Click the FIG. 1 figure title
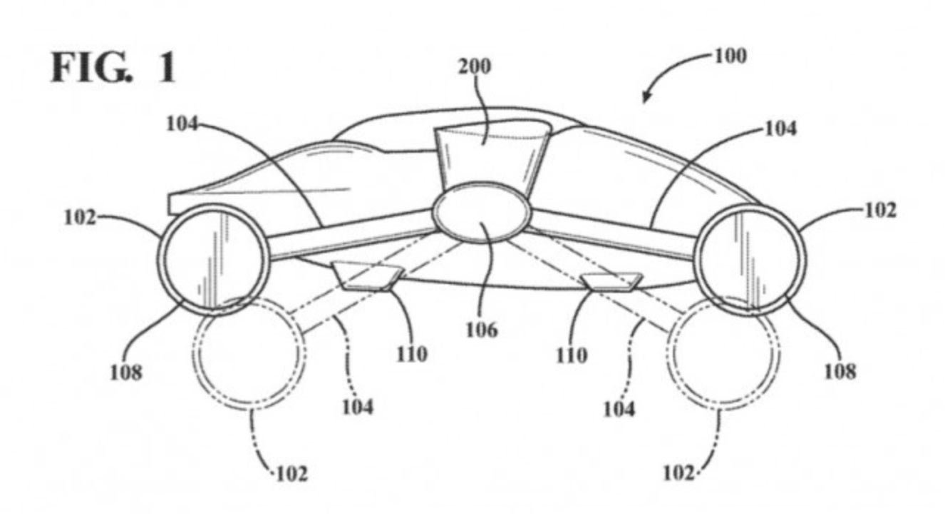pyautogui.click(x=113, y=68)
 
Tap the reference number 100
pyautogui.click(x=730, y=56)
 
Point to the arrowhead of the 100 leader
pyautogui.click(x=646, y=98)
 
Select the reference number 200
pyautogui.click(x=475, y=66)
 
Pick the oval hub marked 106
pyautogui.click(x=482, y=212)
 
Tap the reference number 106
pyautogui.click(x=482, y=330)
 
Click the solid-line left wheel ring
pyautogui.click(x=160, y=260)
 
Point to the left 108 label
pyautogui.click(x=126, y=373)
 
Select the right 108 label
pyautogui.click(x=840, y=371)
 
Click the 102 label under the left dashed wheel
pyautogui.click(x=292, y=474)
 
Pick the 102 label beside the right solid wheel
pyautogui.click(x=881, y=210)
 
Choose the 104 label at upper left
pyautogui.click(x=182, y=124)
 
